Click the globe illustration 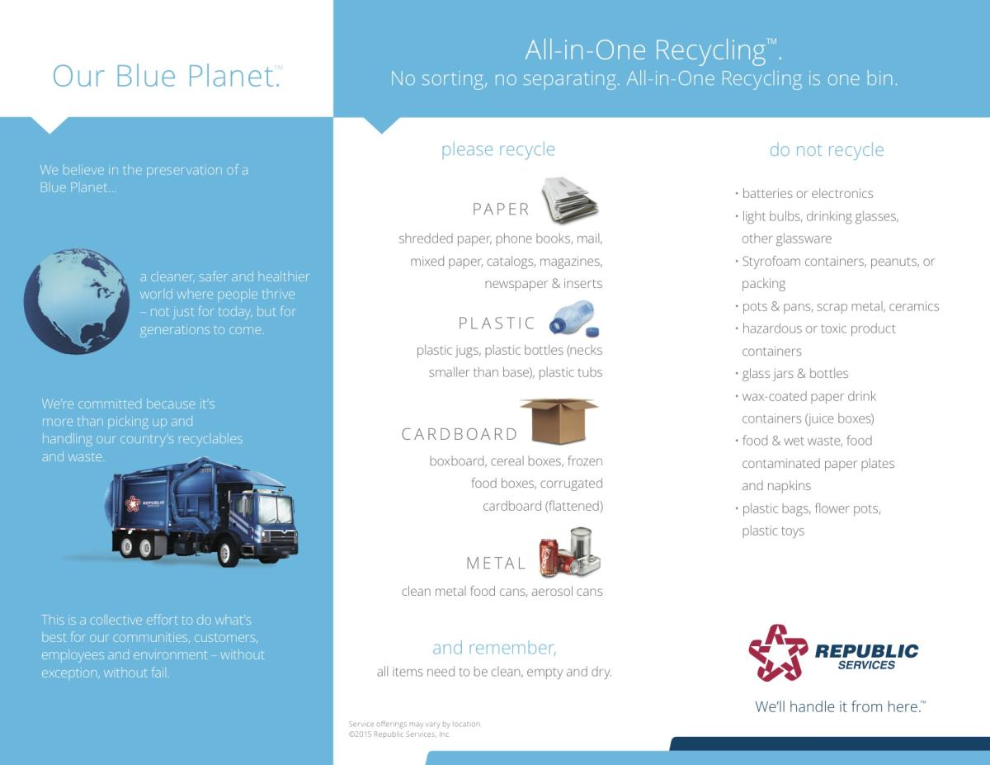pos(76,301)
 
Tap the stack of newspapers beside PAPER pos(569,201)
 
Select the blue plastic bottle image pos(572,315)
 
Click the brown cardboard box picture pos(559,421)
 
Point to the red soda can pos(549,557)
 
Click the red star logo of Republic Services pos(778,653)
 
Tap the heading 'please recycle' pos(498,149)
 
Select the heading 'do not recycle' pos(827,149)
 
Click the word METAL pos(496,564)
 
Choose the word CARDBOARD pos(460,434)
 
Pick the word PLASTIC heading pos(497,323)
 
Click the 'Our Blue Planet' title pos(167,76)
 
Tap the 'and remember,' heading pos(494,648)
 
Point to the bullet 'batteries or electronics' pos(804,193)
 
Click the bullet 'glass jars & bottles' pos(792,374)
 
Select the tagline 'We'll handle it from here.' pos(840,706)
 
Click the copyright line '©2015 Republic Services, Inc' pos(399,734)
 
